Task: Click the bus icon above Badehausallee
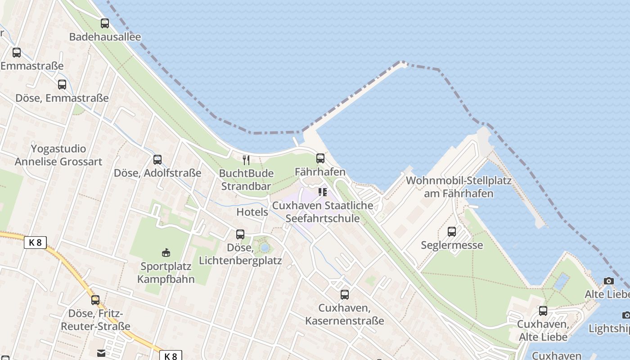pos(105,23)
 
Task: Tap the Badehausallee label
pos(105,37)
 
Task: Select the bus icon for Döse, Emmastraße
pos(62,85)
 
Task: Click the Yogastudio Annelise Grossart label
pos(58,155)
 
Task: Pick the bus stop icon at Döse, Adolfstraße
pos(157,159)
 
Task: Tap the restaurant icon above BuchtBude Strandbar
pos(246,160)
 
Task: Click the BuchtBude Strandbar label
pos(246,180)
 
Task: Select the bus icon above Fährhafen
pos(320,158)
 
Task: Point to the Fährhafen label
pos(320,172)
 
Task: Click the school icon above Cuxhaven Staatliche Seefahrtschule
pos(322,192)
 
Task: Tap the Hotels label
pos(252,212)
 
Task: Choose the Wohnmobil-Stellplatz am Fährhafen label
pos(459,187)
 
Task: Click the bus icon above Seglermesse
pos(452,232)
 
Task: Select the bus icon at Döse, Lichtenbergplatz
pos(240,234)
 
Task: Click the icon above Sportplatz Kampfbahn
pos(166,252)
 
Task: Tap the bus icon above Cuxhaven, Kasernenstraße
pos(345,295)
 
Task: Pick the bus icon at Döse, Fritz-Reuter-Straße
pos(95,300)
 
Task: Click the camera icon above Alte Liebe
pos(608,281)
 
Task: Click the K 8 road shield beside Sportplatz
pos(35,243)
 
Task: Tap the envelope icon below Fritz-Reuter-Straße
pos(101,353)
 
